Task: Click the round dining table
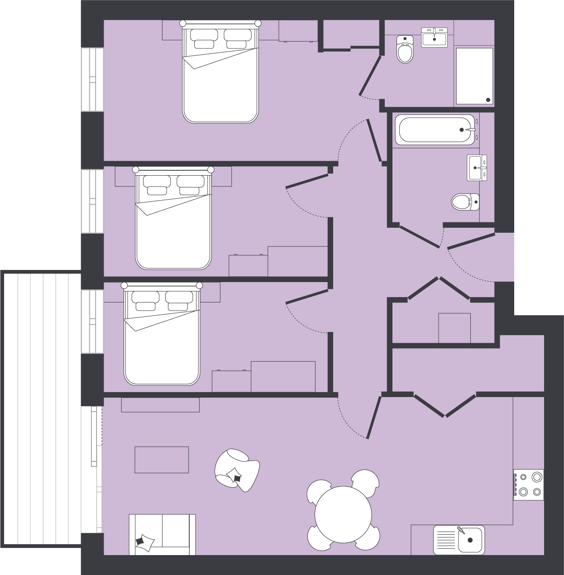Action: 343,514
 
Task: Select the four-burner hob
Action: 529,484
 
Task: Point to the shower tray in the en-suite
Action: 474,76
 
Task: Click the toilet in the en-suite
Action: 405,49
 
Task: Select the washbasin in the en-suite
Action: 435,37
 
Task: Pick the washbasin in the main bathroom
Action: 477,168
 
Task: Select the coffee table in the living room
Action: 162,460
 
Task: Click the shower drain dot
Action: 488,100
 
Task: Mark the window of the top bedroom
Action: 92,79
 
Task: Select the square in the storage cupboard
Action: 454,328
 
